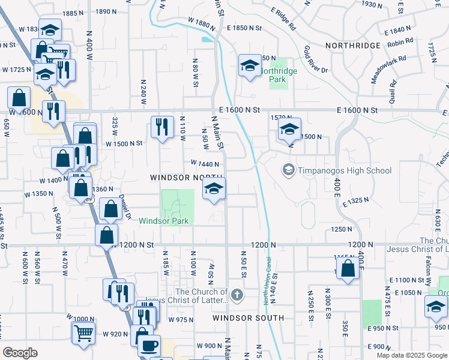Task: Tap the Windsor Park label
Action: pos(164,221)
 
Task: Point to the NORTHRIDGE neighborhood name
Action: pos(353,46)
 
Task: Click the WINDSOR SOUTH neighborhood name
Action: pos(248,317)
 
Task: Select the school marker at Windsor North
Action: pos(214,189)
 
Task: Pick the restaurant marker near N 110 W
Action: pos(162,127)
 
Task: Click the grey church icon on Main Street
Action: pos(238,295)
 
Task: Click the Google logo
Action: pos(20,353)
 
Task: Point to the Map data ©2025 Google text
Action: pos(411,355)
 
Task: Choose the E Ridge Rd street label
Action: pos(283,19)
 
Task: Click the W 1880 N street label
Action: pos(201,22)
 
